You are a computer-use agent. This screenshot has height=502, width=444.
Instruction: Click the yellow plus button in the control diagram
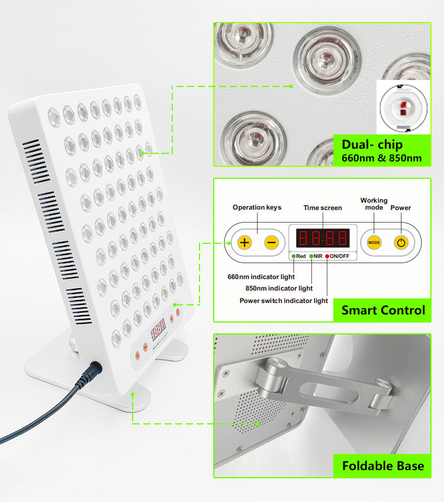(244, 242)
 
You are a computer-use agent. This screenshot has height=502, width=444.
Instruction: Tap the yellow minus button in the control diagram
(271, 242)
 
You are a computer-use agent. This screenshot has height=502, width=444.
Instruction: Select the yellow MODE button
(374, 242)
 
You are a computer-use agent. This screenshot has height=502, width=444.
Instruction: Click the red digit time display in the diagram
(323, 238)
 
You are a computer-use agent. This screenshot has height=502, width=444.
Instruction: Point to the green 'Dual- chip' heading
(372, 144)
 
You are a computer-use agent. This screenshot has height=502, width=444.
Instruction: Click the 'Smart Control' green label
(383, 310)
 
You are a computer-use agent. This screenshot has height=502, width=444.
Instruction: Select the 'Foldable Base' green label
(383, 465)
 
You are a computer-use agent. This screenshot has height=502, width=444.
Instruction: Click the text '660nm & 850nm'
(382, 158)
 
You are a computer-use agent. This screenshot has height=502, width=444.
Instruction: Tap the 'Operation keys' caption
(257, 207)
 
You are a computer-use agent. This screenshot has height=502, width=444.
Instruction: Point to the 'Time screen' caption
(323, 208)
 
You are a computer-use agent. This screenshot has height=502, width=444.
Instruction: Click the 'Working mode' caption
(374, 204)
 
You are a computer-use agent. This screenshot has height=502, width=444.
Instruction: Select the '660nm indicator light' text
(261, 276)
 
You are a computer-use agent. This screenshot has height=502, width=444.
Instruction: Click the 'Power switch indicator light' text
(284, 300)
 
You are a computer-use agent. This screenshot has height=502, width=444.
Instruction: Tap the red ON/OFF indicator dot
(327, 256)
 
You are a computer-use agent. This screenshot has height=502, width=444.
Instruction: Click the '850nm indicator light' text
(279, 288)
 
